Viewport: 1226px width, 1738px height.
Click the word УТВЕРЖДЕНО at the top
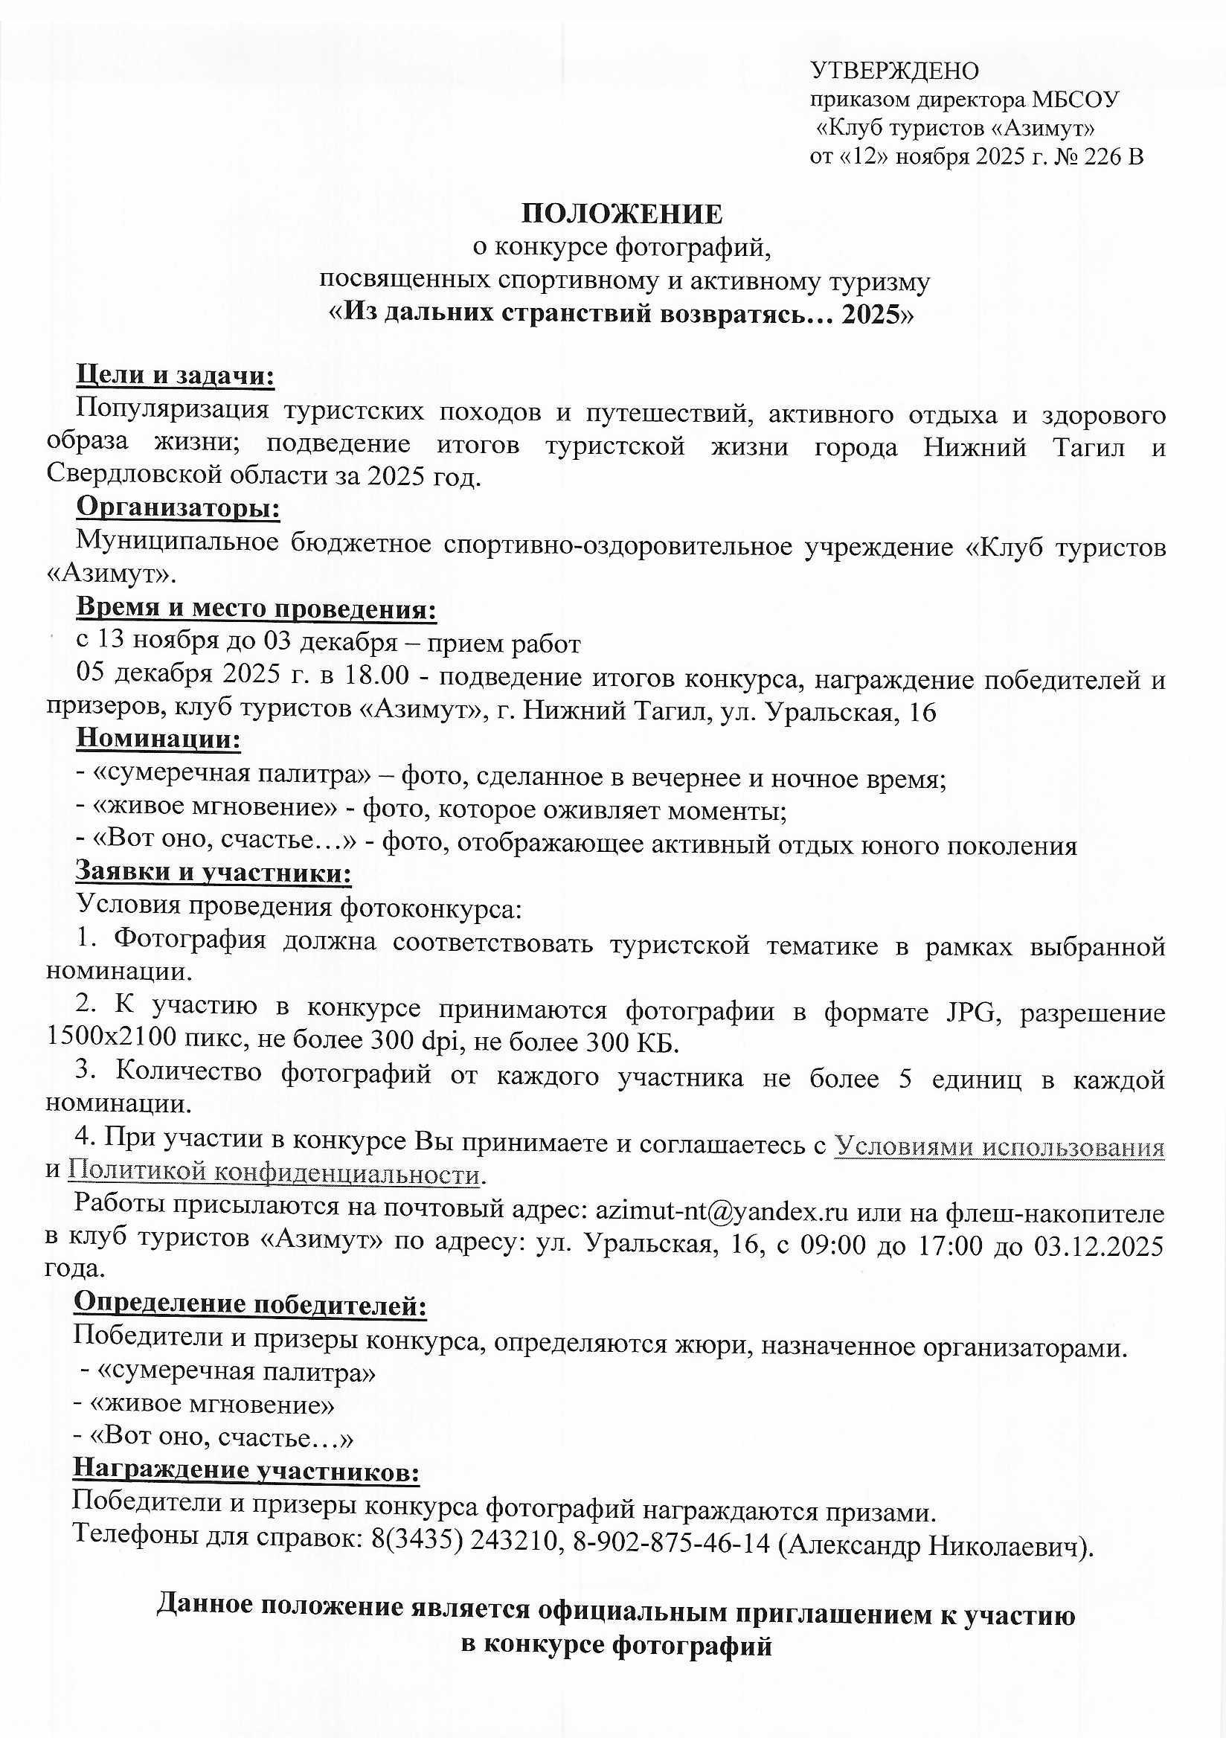[x=894, y=71]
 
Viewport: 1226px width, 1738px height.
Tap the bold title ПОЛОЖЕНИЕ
[x=621, y=214]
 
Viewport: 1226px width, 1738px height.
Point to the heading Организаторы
[x=178, y=507]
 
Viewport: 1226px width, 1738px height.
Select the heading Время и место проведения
[x=256, y=609]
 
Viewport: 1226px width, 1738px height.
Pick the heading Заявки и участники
[x=213, y=872]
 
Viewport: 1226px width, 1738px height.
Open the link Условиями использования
[x=999, y=1147]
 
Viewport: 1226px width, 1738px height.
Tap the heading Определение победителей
[x=250, y=1304]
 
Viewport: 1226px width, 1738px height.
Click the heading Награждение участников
[x=246, y=1470]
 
